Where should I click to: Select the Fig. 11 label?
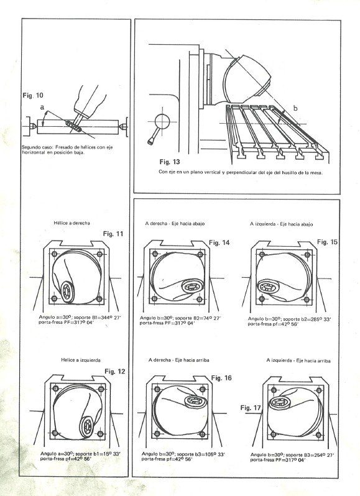(114, 234)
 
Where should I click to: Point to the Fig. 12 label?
(114, 371)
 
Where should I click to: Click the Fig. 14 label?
(219, 242)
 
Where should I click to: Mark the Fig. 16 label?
(221, 377)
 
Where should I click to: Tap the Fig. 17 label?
(250, 408)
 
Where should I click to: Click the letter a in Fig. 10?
(42, 107)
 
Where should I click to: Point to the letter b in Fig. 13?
(295, 108)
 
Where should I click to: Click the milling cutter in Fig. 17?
(281, 403)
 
